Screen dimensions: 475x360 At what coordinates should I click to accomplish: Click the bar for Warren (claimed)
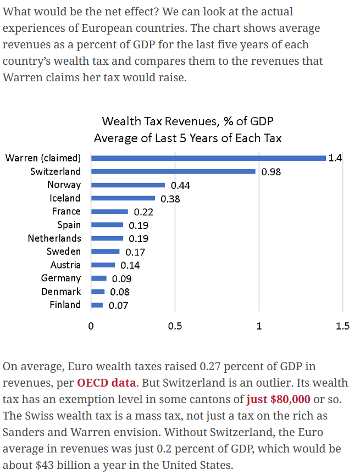coord(208,158)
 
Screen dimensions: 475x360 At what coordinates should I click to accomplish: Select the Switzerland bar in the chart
coord(173,171)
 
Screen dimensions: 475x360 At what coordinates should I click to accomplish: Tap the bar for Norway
coord(128,185)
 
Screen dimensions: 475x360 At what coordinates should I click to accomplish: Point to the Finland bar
coord(97,305)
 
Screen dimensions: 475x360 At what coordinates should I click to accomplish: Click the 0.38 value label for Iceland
coord(170,199)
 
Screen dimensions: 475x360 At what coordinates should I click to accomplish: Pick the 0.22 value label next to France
coord(143,212)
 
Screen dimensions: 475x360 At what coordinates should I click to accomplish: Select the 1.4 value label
coord(335,158)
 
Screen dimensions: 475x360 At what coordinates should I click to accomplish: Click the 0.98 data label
coord(271,172)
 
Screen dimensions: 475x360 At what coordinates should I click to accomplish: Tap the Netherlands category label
coord(54,238)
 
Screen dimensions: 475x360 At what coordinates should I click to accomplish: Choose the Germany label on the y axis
coord(60,278)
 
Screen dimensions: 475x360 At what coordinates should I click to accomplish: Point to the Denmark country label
coord(60,292)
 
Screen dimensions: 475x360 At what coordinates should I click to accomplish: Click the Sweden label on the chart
coord(63,252)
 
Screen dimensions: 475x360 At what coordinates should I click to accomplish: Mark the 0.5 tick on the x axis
coord(175,326)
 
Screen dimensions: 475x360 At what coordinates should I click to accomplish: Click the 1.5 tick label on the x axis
coord(342,326)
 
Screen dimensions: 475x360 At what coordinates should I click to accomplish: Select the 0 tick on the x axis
coord(91,326)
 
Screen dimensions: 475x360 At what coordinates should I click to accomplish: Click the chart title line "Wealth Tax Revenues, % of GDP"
coord(187,121)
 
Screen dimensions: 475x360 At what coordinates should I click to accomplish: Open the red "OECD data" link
coord(107,383)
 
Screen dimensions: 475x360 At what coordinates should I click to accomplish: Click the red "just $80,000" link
coord(278,399)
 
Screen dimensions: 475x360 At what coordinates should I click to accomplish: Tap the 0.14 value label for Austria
coord(130,265)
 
